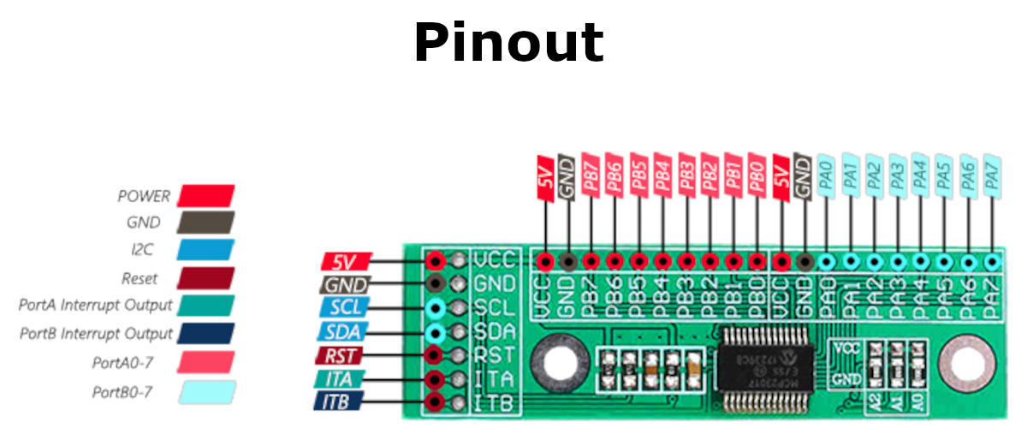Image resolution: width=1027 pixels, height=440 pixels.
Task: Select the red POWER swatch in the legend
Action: coord(205,196)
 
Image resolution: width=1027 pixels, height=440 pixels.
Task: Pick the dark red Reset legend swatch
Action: coord(205,278)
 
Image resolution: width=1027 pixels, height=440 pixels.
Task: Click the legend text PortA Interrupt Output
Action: coord(95,306)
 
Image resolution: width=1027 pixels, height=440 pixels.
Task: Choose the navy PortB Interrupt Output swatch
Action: coord(205,333)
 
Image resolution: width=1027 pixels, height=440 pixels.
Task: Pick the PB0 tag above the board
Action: coord(756,177)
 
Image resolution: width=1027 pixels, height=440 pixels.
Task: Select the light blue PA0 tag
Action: coord(826,177)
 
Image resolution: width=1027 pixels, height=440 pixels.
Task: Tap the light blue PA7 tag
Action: coord(992,177)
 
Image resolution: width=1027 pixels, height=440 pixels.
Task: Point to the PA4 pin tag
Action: coord(920,177)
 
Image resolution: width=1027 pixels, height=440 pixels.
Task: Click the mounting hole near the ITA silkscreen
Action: coord(555,365)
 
